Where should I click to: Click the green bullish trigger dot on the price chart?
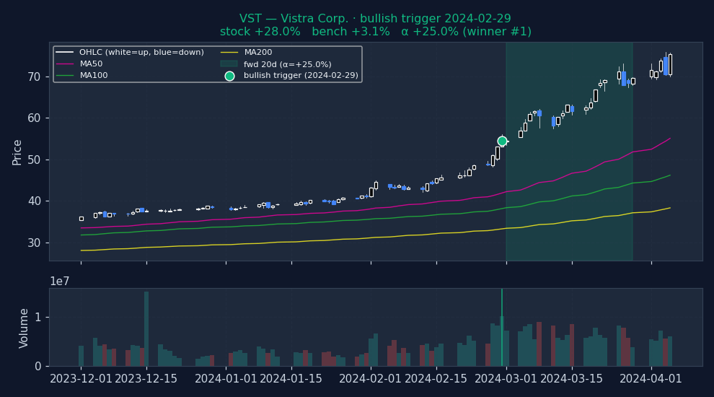(502, 141)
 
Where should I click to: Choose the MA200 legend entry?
(258, 52)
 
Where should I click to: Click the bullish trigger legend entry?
(300, 75)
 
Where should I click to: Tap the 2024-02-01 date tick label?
(371, 379)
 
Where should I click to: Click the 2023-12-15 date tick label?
(146, 379)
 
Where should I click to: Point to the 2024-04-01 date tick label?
(651, 379)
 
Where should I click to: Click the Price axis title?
(17, 152)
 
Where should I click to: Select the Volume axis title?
(25, 328)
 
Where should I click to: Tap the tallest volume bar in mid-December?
(146, 328)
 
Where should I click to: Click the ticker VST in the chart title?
(250, 19)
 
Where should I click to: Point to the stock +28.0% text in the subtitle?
(260, 32)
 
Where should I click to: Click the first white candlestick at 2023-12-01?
(81, 218)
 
